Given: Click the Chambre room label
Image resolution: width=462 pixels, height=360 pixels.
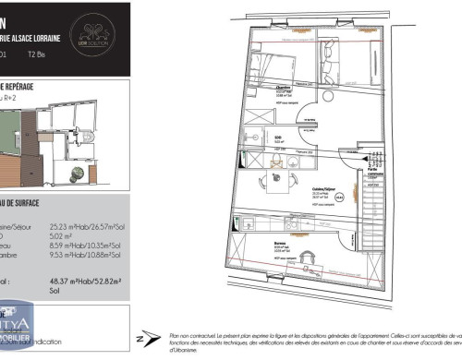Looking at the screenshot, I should click(x=284, y=89).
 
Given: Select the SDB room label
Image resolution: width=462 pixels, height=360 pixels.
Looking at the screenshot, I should click(x=279, y=137).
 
